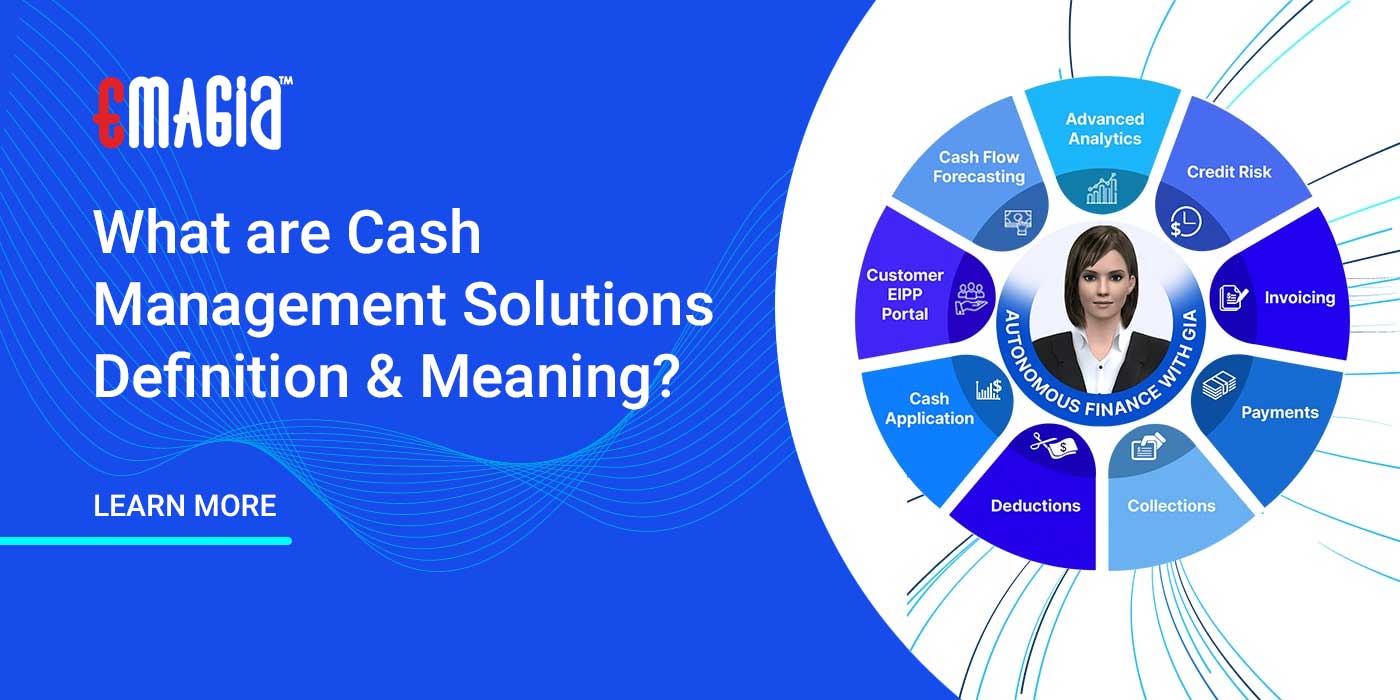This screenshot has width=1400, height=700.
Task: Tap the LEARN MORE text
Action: point(184,506)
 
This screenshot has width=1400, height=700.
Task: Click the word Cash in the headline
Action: point(414,233)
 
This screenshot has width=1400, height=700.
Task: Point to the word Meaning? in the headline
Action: point(548,377)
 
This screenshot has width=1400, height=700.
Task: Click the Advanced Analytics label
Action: point(1104,129)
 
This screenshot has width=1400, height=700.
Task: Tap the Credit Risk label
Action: point(1228,172)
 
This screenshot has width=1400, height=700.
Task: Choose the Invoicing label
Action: point(1299,298)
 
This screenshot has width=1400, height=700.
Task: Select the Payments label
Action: point(1279,412)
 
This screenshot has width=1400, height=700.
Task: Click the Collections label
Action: point(1171,506)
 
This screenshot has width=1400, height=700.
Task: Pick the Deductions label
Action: point(1035,506)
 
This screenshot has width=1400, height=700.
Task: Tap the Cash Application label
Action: point(929,409)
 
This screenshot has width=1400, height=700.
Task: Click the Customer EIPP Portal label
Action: point(904,294)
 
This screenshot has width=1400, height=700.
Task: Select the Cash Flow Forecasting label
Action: point(978,167)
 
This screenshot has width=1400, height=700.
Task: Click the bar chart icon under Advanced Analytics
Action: point(1102,189)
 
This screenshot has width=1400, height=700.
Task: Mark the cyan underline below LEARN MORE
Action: point(146,541)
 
